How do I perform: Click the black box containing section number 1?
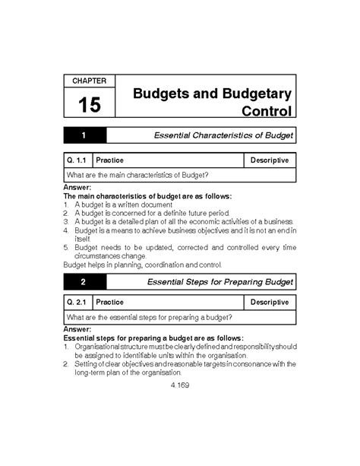pyautogui.click(x=85, y=136)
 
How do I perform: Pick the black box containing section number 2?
pyautogui.click(x=85, y=283)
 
